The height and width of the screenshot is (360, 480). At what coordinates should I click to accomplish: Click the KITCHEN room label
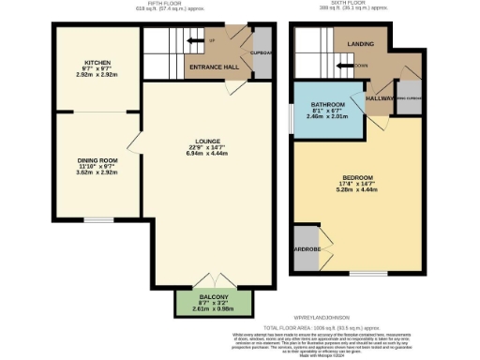coord(97,62)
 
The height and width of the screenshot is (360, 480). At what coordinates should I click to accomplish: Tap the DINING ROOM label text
coord(97,160)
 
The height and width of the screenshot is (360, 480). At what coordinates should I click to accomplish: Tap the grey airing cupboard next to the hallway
coord(408,98)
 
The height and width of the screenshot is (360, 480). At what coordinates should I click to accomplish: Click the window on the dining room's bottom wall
coord(97,220)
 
